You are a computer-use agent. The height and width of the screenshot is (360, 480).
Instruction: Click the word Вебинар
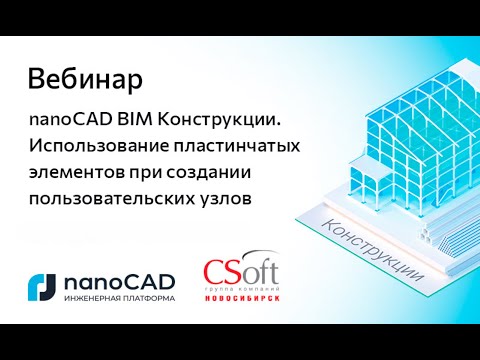pos(84,77)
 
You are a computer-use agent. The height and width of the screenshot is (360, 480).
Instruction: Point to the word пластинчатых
pos(234,146)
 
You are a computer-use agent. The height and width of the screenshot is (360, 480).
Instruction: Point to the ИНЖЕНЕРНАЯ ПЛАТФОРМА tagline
pos(118,298)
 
